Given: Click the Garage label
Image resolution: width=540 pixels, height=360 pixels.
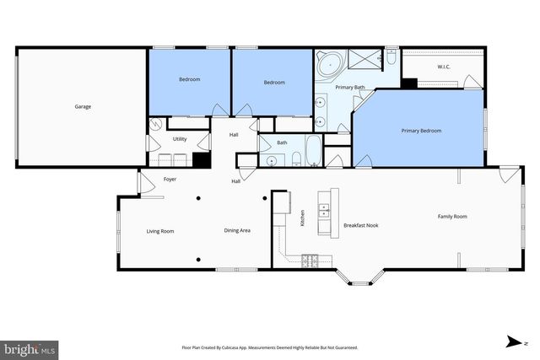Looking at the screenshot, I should pos(82,106).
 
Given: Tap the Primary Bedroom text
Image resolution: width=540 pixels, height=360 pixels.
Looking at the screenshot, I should pos(421,131).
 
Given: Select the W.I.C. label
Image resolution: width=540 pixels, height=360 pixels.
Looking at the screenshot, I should pos(443,66).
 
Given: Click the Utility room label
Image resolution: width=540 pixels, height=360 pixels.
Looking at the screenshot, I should pos(180,138).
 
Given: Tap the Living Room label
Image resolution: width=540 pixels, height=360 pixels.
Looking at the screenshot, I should pos(160,230).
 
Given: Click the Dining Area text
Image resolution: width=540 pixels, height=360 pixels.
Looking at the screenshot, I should pos(237,230).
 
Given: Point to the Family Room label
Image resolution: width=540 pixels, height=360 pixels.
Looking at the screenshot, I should pos(451,217).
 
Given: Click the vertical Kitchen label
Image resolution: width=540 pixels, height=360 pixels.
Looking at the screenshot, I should pos(302,218).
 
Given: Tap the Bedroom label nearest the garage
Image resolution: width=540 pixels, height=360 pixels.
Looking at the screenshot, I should pos(189,80).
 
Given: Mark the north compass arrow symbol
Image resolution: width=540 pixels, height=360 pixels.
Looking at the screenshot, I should pos(511,341).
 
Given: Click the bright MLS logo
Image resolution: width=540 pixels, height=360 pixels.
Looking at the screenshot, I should pos(30,347).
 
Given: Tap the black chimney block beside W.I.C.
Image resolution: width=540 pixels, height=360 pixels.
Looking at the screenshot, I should pos(409,83).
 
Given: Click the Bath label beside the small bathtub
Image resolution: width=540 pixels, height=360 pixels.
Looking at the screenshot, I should pos(282,142).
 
